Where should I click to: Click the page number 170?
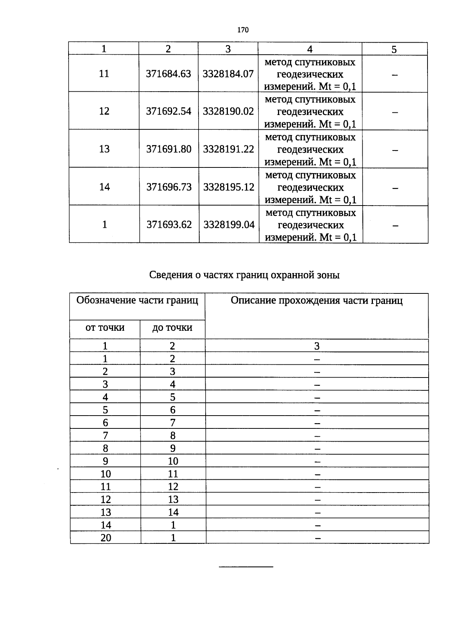point(243,30)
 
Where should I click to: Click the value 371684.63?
point(168,74)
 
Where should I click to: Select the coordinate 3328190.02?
point(228,111)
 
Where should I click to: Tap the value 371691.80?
point(169,149)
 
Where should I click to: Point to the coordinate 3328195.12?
point(229,187)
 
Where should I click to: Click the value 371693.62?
point(169,225)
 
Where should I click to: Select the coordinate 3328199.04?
point(229,225)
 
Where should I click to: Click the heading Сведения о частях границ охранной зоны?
point(244,275)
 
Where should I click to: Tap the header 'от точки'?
point(105,327)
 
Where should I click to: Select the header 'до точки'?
point(172,328)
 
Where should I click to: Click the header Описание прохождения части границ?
point(316,301)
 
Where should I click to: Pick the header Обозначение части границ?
point(137,301)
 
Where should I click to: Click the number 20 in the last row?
point(106,538)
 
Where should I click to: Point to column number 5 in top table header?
point(394,49)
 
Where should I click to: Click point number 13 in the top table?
point(104,149)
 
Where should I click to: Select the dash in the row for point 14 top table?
point(395,187)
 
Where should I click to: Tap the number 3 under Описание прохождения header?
point(317,346)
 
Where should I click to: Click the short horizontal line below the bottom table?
point(246,566)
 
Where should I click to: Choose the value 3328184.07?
point(228,74)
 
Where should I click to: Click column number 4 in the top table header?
point(310,49)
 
